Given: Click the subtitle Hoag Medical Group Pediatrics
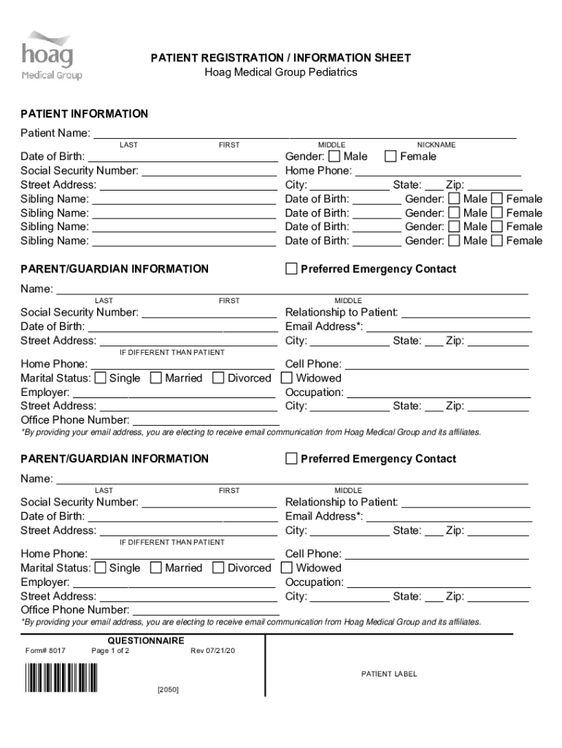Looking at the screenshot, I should (x=280, y=72).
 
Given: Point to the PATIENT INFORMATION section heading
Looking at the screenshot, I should (x=84, y=114).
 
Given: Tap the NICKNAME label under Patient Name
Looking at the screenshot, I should (x=436, y=145).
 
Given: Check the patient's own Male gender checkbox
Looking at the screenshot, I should (x=334, y=156).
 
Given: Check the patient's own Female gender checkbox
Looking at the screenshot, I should (x=390, y=156).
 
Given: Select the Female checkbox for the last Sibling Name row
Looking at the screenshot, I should (x=497, y=241).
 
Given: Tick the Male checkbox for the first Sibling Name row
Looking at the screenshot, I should (x=454, y=199).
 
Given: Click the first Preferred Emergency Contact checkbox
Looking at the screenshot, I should (x=291, y=269).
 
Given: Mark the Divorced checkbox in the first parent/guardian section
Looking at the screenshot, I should (x=218, y=378).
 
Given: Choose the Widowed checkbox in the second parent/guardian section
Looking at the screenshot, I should (x=287, y=568).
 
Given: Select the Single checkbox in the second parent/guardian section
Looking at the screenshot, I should (x=100, y=568).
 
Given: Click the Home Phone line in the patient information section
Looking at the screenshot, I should (x=438, y=172).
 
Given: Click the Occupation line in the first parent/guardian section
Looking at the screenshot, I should (x=438, y=393).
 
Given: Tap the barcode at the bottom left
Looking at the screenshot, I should (x=61, y=677).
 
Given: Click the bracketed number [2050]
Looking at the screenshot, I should (x=168, y=690).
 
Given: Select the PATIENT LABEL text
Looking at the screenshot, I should (x=389, y=673).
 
